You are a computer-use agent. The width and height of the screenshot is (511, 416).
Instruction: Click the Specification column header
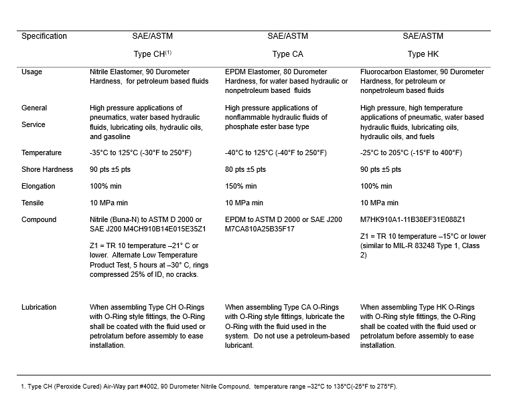pos(44,36)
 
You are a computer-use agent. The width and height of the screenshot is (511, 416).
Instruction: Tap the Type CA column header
pos(289,54)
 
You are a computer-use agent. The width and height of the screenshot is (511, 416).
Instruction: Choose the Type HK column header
pos(423,54)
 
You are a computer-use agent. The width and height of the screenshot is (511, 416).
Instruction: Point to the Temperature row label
pos(42,152)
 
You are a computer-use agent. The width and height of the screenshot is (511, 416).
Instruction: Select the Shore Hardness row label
pos(47,169)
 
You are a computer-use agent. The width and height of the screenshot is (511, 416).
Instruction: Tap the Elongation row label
pos(38,186)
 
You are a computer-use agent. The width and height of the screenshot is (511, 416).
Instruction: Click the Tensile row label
pos(33,203)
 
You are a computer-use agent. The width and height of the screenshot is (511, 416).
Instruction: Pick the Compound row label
pos(39,219)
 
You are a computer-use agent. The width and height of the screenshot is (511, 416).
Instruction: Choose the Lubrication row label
pos(39,307)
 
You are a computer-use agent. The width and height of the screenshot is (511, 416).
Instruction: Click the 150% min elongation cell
pos(241,186)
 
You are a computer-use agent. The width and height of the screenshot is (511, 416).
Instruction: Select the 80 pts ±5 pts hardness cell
pos(245,169)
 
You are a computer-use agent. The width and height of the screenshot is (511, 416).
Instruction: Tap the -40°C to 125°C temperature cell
pos(276,152)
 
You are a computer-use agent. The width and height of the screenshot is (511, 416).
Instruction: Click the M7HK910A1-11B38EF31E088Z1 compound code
pos(413,219)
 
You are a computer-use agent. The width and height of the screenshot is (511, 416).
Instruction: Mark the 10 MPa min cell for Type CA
pos(244,203)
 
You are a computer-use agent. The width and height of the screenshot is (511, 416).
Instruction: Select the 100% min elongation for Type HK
pos(376,186)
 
